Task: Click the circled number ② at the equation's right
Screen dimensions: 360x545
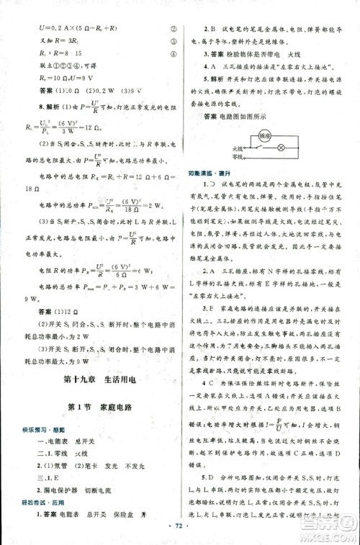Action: (x=174, y=30)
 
